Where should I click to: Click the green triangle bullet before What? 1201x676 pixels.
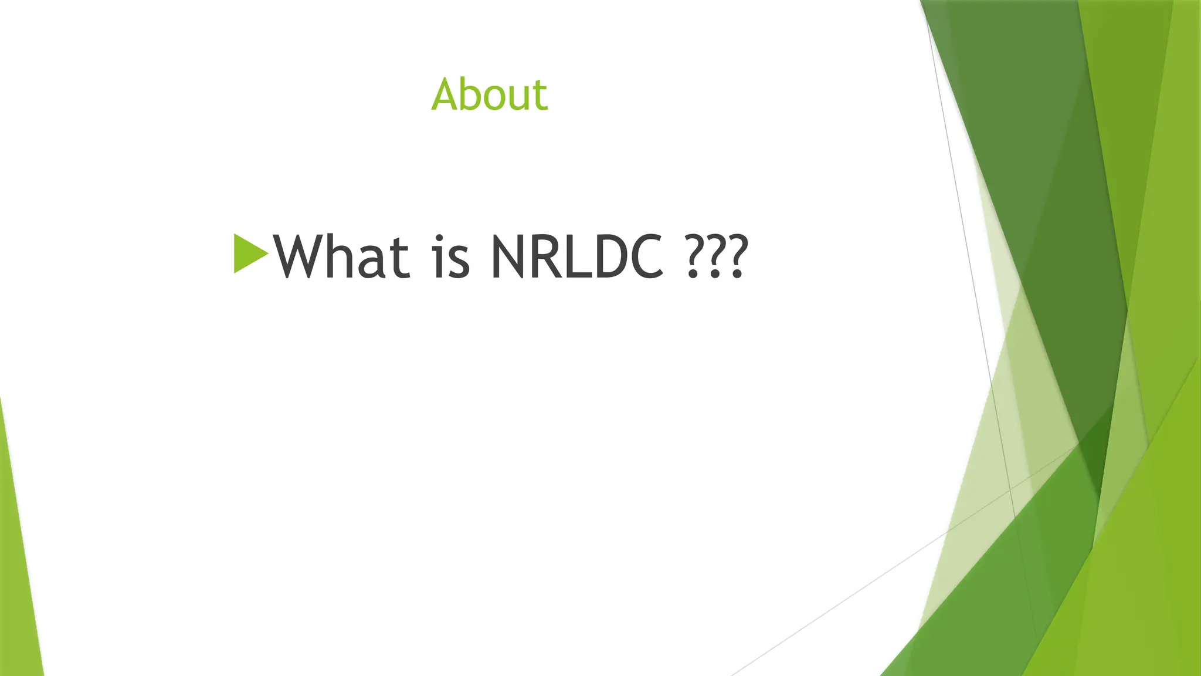(249, 253)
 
